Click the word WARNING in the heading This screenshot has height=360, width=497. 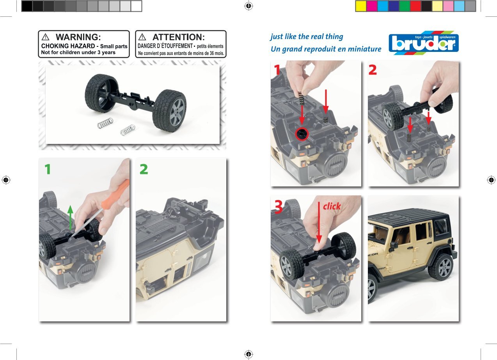[78, 37]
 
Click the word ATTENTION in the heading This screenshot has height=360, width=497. [178, 37]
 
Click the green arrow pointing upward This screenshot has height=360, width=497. [70, 216]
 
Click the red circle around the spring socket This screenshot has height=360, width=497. [302, 134]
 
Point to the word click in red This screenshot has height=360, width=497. [332, 206]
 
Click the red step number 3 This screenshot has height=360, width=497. [278, 207]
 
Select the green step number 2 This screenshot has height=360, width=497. [144, 169]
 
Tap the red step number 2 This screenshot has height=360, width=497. [373, 70]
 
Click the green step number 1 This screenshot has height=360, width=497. [47, 169]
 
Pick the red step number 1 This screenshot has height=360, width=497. [277, 70]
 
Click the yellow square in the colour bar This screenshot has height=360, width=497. [360, 6]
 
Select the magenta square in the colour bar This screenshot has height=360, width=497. [371, 6]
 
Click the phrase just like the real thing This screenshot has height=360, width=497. [307, 37]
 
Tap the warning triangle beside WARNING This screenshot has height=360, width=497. [46, 37]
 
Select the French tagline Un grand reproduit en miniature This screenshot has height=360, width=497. [326, 49]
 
